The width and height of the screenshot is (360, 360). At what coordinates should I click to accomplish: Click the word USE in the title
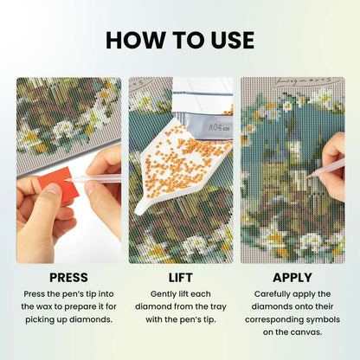(233, 40)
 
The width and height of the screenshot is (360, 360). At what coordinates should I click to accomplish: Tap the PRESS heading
(68, 278)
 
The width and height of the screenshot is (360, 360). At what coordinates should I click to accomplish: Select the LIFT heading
(181, 278)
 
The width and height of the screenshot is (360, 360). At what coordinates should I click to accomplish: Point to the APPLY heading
(292, 278)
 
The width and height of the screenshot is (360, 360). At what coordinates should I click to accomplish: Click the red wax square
(60, 183)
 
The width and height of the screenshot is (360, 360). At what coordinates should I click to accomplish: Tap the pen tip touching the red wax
(66, 180)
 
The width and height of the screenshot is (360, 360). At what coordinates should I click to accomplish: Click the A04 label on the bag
(215, 127)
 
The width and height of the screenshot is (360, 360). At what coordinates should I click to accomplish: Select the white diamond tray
(179, 164)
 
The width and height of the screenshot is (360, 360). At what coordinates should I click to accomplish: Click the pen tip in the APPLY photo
(308, 177)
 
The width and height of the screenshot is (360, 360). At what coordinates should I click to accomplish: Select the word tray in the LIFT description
(218, 307)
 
